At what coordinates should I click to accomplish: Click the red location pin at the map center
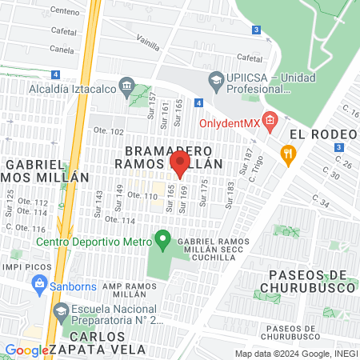click(180, 164)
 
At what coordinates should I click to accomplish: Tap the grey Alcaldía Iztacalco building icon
click(126, 86)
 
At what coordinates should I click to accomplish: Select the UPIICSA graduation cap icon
click(215, 80)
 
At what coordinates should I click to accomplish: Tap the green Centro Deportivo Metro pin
click(163, 238)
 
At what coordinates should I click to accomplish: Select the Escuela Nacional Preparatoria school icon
click(60, 310)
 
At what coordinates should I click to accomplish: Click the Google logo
click(26, 350)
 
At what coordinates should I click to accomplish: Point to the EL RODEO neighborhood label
click(320, 133)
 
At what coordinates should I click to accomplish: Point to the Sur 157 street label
click(152, 102)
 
